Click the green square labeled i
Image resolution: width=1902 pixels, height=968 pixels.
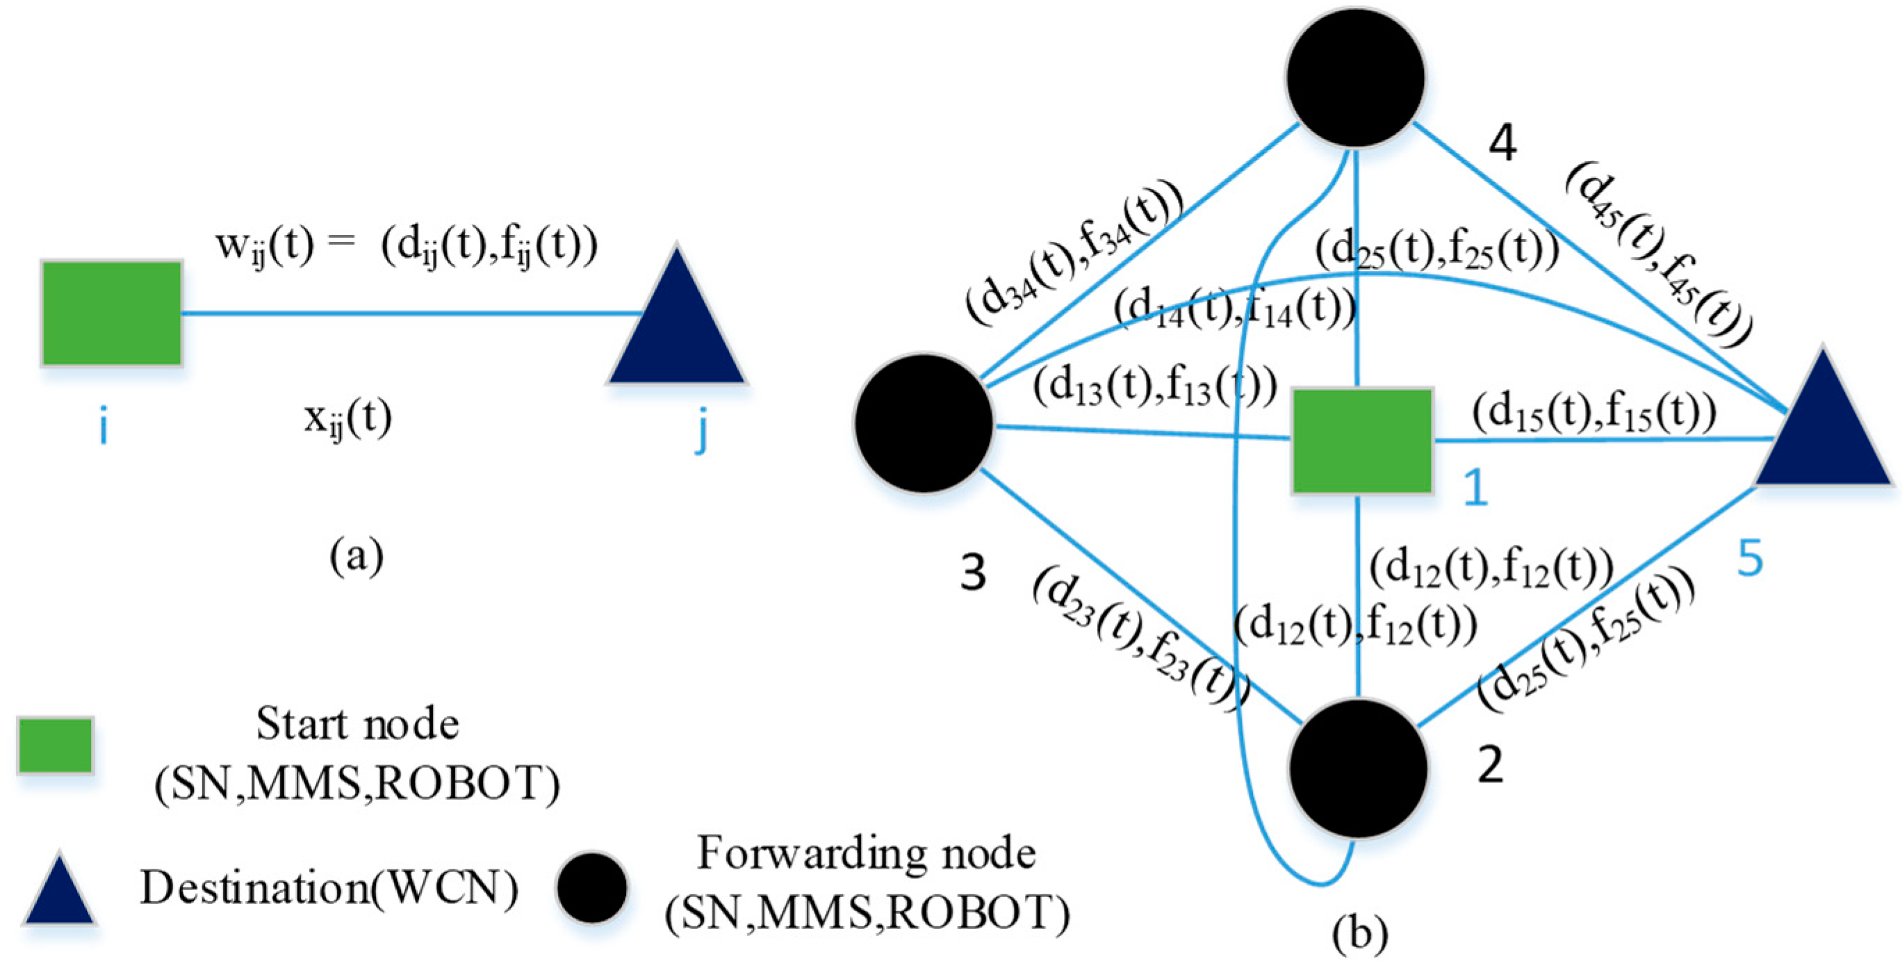(111, 313)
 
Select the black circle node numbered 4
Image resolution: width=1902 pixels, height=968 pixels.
(1355, 78)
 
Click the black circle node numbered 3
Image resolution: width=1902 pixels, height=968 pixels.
(924, 423)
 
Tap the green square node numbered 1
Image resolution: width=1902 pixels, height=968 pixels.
(1362, 440)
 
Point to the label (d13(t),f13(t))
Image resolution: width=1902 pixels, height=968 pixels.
(1155, 386)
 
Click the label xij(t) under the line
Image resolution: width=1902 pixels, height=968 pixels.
(347, 420)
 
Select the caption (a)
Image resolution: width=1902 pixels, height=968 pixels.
(356, 556)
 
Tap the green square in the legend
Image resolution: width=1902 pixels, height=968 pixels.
(56, 745)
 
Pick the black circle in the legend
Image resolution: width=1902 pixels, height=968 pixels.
(592, 888)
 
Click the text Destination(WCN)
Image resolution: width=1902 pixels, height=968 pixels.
(329, 887)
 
